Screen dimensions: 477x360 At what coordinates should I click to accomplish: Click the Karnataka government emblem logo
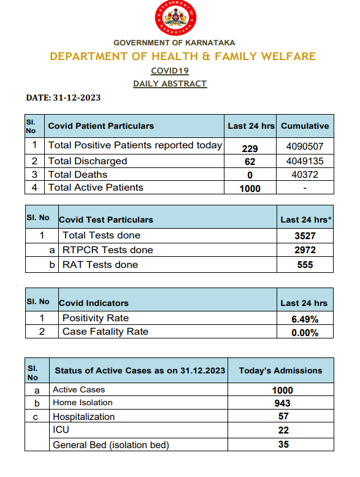tap(176, 19)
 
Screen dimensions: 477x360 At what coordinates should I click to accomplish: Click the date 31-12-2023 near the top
tap(63, 97)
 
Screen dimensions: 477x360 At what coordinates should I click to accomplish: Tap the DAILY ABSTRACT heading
tap(170, 83)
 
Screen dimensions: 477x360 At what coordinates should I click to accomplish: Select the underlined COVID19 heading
tap(170, 71)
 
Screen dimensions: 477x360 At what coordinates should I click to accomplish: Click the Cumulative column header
tap(305, 126)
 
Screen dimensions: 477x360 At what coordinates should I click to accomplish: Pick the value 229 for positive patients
tap(250, 148)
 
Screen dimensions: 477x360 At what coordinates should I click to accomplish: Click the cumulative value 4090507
tap(305, 147)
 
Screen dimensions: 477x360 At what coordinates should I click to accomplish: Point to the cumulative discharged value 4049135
tap(305, 161)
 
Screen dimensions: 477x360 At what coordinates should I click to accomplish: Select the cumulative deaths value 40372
tap(305, 175)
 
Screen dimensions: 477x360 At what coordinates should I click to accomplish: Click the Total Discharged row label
tap(88, 161)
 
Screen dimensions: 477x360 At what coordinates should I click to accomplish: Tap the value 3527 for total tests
tap(304, 235)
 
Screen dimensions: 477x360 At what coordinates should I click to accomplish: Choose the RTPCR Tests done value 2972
tap(304, 250)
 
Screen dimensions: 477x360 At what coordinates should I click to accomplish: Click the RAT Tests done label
tap(100, 265)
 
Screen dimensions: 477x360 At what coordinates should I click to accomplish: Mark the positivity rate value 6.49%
tap(304, 319)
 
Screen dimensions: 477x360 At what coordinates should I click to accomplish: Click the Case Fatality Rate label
tap(105, 332)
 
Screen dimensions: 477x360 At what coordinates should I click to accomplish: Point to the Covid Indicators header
tap(94, 303)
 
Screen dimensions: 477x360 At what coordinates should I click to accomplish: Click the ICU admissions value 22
tap(282, 431)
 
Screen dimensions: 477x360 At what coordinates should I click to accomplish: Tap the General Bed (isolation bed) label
tap(110, 445)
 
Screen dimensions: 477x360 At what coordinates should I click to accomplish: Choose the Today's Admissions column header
tap(280, 370)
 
